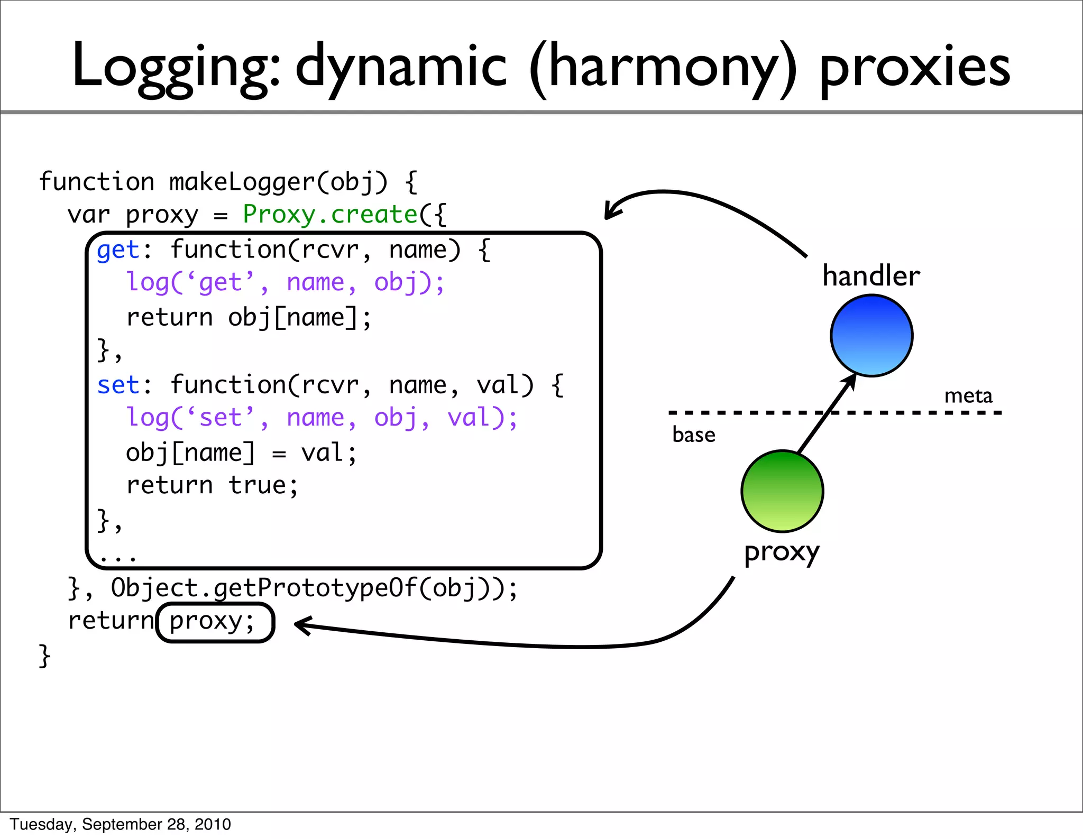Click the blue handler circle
tap(871, 336)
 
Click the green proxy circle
tap(782, 491)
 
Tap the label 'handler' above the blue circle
tap(871, 276)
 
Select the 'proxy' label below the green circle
tap(782, 553)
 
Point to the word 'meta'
tap(968, 395)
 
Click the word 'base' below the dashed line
tap(693, 435)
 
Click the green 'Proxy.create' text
tap(330, 215)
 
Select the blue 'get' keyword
tap(118, 250)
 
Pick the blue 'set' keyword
tap(118, 385)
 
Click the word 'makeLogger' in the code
tap(242, 182)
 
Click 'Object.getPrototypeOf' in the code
tap(264, 588)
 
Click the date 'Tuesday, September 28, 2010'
tap(121, 824)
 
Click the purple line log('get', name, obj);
tap(286, 283)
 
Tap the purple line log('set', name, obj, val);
tap(322, 418)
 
